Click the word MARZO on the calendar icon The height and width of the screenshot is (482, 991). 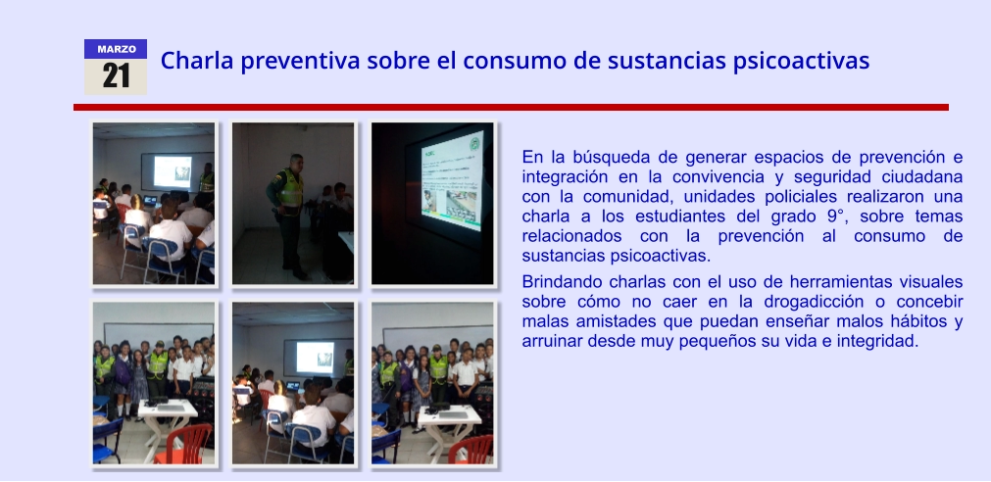(117, 49)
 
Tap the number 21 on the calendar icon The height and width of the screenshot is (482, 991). (117, 75)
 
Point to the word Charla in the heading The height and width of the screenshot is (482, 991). (197, 61)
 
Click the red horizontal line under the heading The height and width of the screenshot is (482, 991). (511, 108)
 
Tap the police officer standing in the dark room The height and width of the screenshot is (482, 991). (288, 215)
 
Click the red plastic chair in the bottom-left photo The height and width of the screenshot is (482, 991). (185, 445)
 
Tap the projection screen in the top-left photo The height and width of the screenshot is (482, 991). (173, 171)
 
